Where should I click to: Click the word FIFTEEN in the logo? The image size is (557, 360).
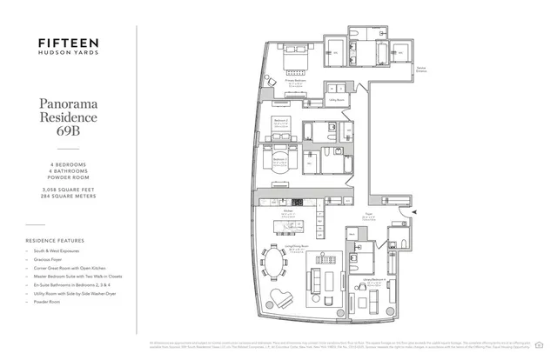coord(67,41)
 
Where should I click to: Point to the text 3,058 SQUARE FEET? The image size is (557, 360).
coord(67,188)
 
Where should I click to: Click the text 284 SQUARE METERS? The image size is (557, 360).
coord(67,196)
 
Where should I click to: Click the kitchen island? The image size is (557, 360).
coord(289,225)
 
